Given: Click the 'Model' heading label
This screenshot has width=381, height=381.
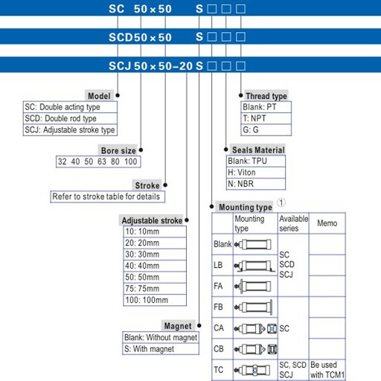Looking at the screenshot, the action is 99,96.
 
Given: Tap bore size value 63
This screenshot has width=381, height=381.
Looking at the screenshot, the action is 102,161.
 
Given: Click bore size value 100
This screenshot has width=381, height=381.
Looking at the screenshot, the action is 131,161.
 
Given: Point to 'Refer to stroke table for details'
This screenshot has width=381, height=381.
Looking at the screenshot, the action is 106,196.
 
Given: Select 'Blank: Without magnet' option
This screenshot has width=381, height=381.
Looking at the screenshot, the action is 161,337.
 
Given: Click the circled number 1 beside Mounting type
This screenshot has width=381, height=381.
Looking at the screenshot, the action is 281,202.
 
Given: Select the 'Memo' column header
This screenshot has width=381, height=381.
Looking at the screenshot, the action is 327,223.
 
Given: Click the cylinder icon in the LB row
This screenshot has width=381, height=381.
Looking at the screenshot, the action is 254,266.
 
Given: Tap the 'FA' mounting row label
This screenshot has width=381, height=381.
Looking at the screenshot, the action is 218,286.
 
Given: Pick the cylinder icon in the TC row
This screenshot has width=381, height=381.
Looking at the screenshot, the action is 252,371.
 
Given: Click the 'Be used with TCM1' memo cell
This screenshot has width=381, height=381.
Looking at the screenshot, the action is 327,370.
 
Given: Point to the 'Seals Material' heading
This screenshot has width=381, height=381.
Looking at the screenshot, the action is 258,150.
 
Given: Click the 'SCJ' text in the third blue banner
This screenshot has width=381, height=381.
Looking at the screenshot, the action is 120,66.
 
